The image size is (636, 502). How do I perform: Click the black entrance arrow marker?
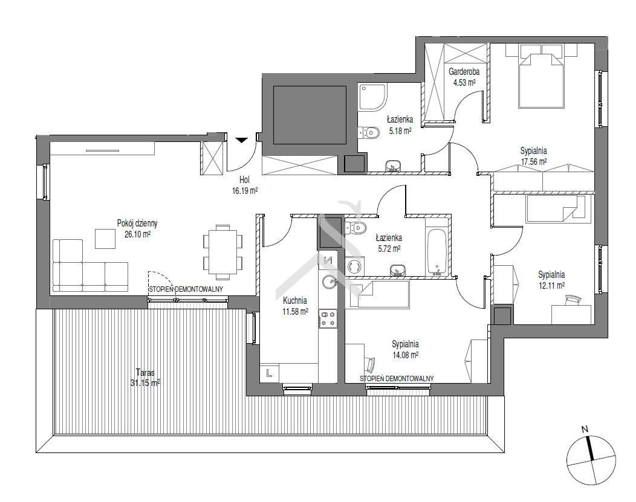241,140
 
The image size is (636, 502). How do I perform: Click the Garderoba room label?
464,72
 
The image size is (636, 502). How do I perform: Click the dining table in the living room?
222,252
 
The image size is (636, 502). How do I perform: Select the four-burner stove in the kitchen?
327,318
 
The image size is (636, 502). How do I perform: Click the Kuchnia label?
295,301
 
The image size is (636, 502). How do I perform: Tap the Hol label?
244,180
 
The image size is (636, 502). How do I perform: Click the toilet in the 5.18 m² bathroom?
369,132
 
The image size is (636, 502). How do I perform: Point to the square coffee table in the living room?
105,239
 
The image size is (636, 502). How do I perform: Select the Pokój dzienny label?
137,224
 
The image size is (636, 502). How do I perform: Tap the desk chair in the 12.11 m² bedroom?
572,299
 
